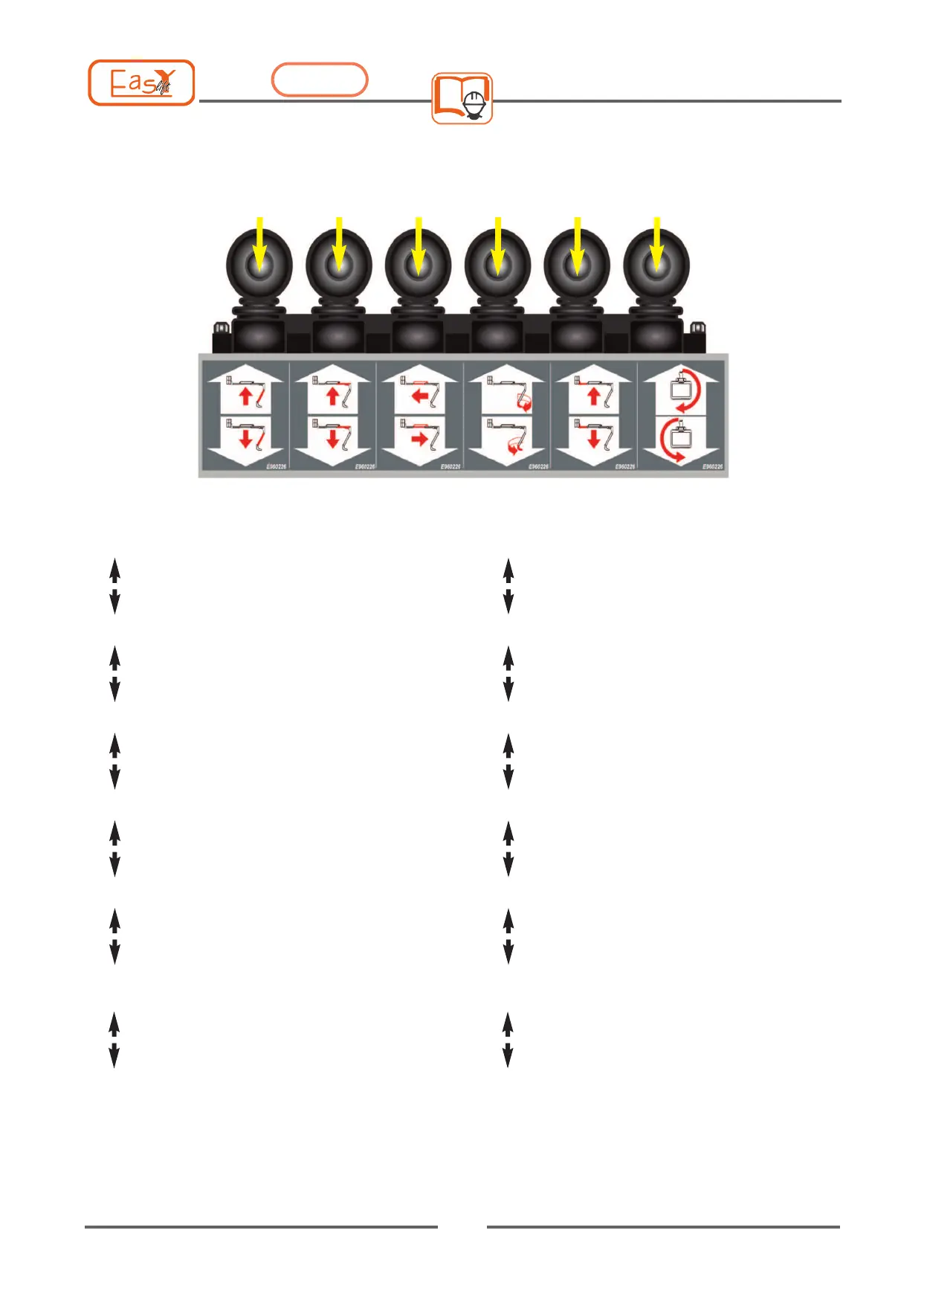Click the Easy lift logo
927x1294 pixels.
[x=141, y=83]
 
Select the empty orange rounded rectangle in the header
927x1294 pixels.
[x=320, y=80]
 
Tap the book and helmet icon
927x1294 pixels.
[x=462, y=98]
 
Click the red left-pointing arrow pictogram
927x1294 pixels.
[x=420, y=396]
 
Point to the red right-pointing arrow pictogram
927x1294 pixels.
[x=420, y=439]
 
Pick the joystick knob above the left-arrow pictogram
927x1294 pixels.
[x=418, y=265]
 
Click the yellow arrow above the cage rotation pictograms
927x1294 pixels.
[x=656, y=242]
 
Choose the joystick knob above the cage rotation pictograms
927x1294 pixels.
[x=656, y=265]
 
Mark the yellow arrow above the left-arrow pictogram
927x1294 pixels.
[x=419, y=242]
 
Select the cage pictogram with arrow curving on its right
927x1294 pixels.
[x=681, y=393]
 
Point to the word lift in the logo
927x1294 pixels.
[x=163, y=89]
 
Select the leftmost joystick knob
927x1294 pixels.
[x=259, y=265]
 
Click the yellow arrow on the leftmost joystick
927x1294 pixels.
[x=259, y=242]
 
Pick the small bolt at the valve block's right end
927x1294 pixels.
[x=697, y=328]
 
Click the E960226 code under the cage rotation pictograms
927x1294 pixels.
[x=713, y=466]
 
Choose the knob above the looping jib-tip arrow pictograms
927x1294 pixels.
[x=497, y=265]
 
